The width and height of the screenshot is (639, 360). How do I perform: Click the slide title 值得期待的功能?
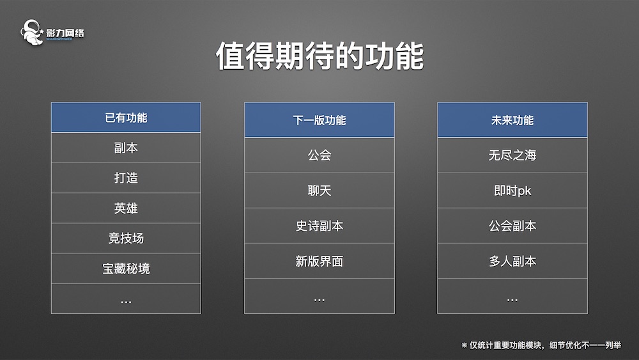(319, 56)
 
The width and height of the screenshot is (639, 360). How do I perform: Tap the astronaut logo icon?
(32, 32)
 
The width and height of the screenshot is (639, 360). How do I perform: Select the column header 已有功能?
(126, 118)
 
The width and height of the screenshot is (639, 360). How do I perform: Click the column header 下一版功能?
(319, 120)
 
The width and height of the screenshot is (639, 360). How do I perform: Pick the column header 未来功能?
(512, 120)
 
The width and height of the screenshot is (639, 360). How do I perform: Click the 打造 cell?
(126, 178)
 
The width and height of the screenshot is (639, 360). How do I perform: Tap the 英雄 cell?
(126, 208)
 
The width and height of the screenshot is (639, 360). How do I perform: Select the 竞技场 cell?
(126, 238)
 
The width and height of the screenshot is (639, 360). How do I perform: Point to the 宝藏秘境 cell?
(126, 269)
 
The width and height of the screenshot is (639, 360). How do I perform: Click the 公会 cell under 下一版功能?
(319, 155)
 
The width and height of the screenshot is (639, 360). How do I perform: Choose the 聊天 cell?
(319, 191)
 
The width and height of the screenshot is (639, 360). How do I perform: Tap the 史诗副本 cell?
(319, 226)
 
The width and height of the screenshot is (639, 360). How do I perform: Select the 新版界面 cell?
(319, 261)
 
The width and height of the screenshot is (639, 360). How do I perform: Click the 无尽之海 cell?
(512, 155)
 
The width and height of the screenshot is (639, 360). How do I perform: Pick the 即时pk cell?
(512, 191)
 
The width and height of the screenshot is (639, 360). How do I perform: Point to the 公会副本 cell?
(512, 226)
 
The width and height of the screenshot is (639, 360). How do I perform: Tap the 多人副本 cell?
(512, 261)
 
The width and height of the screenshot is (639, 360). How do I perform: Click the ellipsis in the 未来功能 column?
(512, 300)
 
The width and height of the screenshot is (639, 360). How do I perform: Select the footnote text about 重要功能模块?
(541, 345)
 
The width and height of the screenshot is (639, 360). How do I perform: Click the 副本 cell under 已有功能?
(126, 148)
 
